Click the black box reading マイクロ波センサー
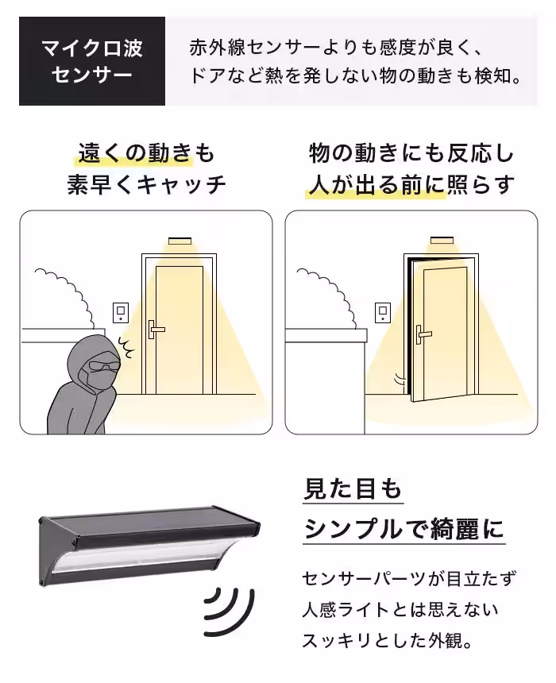[91, 61]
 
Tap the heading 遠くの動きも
[147, 152]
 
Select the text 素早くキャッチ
[147, 185]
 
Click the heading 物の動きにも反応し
[411, 152]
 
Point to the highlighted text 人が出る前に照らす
[411, 185]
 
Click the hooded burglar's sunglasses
[102, 366]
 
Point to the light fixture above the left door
[180, 239]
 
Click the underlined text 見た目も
[353, 488]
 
